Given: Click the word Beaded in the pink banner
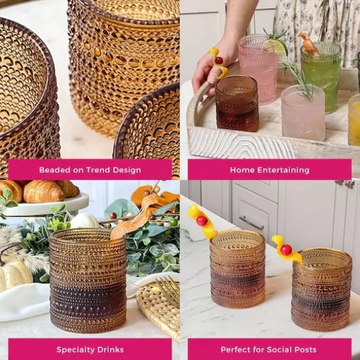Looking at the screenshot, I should tap(55, 170).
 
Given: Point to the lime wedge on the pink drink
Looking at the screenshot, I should tap(276, 46).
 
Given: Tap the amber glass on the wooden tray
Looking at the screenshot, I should tap(237, 103).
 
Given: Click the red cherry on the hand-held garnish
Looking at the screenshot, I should tap(219, 60).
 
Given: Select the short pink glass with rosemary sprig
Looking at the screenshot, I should tap(303, 113).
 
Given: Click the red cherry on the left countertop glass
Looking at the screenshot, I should tap(202, 221).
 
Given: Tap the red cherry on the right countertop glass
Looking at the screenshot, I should tap(285, 250).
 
